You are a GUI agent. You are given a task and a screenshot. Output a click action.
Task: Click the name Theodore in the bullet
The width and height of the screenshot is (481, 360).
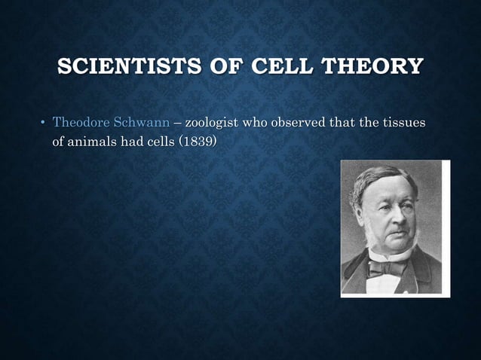coord(81,123)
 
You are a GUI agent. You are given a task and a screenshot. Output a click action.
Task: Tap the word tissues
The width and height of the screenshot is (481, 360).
coord(404,123)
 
